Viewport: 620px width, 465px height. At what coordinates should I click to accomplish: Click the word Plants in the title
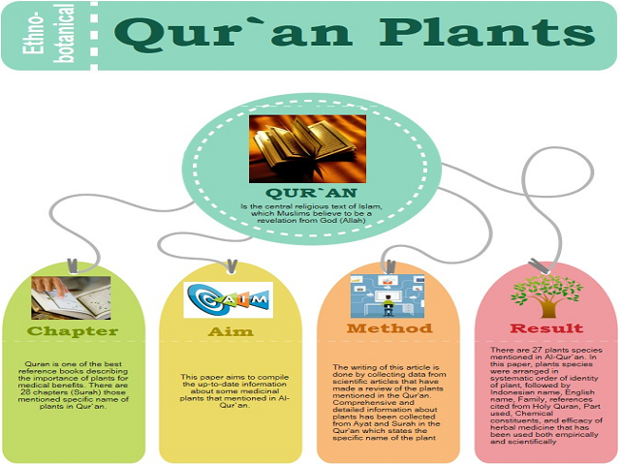(487, 32)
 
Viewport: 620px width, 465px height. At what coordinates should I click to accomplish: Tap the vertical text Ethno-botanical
(48, 34)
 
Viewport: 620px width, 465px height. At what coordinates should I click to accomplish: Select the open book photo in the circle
(307, 148)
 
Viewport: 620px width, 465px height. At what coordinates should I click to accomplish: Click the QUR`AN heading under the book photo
(312, 193)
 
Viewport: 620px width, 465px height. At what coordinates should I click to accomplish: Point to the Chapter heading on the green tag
(73, 331)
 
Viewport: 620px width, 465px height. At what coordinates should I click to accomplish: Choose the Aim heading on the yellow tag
(231, 331)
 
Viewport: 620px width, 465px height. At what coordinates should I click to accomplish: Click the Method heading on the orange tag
(389, 328)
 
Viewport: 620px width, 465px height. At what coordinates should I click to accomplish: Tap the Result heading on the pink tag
(546, 328)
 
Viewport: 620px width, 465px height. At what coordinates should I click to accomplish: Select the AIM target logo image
(229, 299)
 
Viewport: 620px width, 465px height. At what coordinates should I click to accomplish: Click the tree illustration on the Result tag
(546, 296)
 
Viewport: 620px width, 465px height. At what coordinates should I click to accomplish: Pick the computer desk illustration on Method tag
(387, 296)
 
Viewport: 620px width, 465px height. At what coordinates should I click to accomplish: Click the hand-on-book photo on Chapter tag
(71, 297)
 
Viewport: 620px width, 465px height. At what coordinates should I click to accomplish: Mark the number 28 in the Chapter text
(25, 392)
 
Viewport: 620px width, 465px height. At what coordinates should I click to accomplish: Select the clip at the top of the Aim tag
(232, 265)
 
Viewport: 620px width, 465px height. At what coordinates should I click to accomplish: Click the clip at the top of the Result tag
(539, 266)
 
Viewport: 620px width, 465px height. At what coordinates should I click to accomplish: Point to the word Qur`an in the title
(233, 33)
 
